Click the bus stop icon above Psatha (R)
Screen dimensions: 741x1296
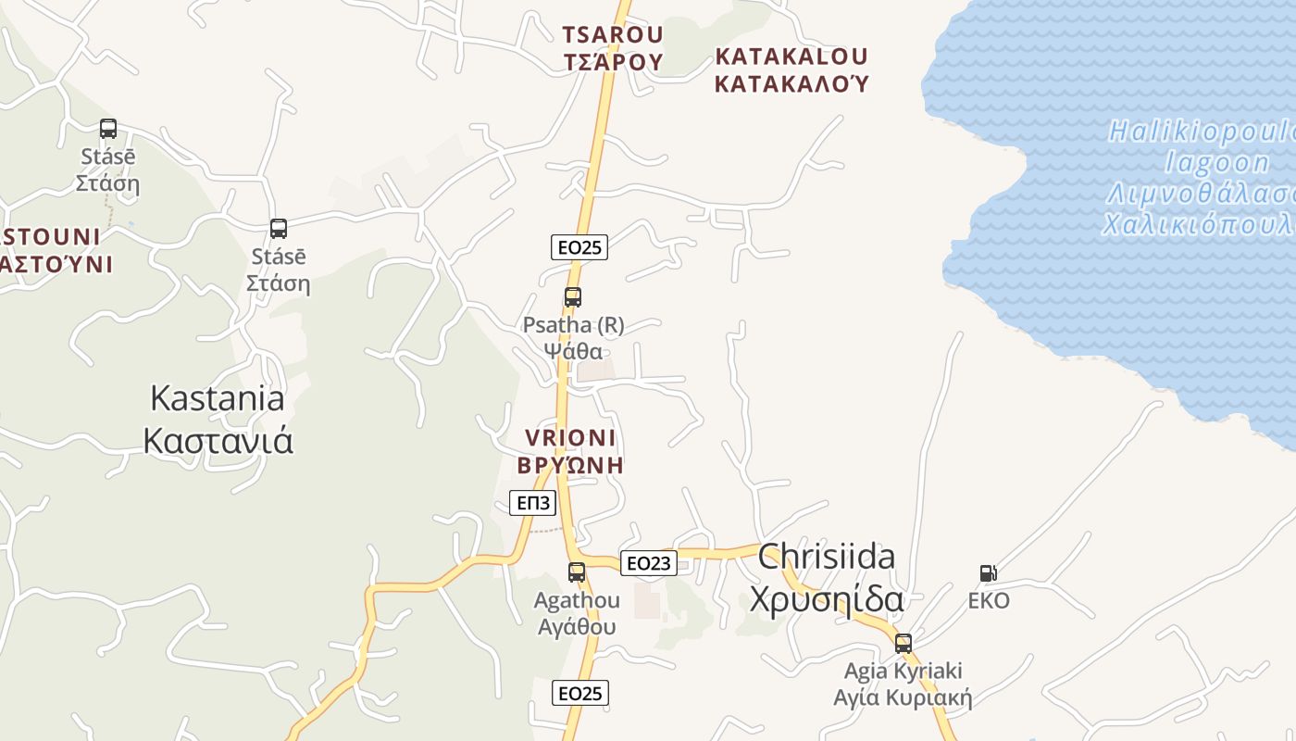[573, 297]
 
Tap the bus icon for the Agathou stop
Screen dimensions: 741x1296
[577, 572]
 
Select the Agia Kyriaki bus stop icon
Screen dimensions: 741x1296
[903, 643]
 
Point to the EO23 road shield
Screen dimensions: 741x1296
[650, 562]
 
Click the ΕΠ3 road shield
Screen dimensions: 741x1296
[533, 503]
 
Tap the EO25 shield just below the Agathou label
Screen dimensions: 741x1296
[580, 693]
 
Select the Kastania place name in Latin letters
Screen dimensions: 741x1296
[218, 398]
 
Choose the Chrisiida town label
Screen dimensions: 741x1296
[827, 557]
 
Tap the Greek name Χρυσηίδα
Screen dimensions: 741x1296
[827, 600]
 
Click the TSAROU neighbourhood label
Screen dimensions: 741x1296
[613, 35]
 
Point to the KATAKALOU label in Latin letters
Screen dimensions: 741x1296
[791, 57]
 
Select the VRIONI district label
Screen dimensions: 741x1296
[570, 437]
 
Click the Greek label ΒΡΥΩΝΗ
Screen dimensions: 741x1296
[570, 465]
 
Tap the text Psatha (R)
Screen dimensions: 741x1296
[573, 325]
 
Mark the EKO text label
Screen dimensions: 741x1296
[989, 601]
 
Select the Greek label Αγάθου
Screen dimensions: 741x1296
[577, 627]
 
